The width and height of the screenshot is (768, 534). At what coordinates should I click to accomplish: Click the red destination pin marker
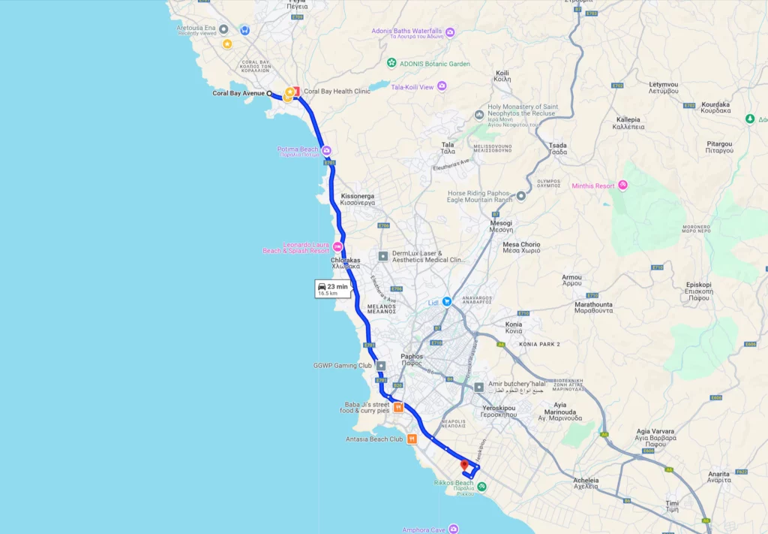464,466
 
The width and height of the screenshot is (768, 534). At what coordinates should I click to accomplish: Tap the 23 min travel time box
332,289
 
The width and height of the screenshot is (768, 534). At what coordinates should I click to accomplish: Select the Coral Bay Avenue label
238,93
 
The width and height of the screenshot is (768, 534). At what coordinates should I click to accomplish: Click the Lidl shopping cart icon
446,301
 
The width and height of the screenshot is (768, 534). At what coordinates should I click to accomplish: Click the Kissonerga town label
357,199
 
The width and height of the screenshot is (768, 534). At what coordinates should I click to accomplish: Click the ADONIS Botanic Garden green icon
391,63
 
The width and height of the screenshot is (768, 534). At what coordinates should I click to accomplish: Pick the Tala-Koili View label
412,87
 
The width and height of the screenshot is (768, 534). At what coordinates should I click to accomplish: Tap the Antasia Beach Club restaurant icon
412,439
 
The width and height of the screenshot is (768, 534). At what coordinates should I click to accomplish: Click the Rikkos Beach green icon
481,487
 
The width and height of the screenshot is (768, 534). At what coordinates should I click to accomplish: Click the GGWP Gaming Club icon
381,366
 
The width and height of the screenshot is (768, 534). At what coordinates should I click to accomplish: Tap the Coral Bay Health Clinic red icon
296,92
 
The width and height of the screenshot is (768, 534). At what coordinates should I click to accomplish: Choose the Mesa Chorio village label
521,248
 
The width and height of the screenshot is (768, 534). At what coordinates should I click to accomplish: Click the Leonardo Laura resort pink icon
337,247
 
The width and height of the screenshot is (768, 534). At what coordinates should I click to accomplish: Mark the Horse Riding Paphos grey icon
520,196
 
